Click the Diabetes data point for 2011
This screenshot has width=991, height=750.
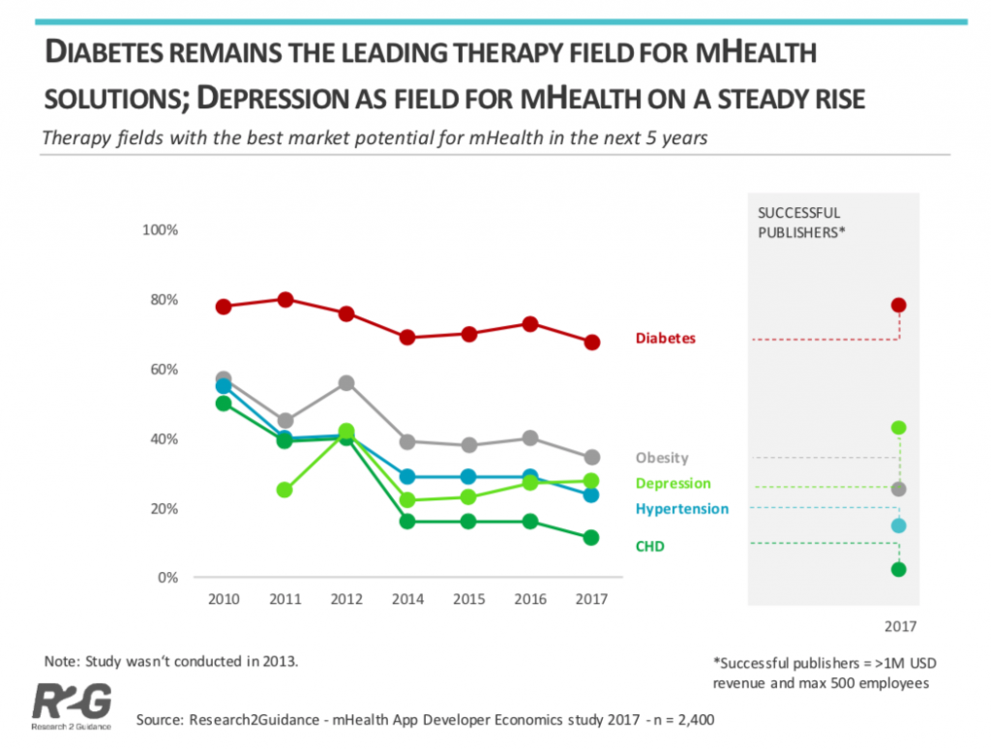[x=285, y=300]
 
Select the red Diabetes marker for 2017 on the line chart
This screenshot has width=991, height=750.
[x=592, y=343]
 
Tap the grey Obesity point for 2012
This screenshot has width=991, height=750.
[x=346, y=383]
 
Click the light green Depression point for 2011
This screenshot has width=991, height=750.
[x=285, y=490]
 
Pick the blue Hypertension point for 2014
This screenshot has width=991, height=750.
[x=407, y=477]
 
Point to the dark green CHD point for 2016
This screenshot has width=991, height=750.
[x=530, y=522]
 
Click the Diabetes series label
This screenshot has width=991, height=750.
[x=665, y=339]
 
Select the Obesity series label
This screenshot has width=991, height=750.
[x=662, y=458]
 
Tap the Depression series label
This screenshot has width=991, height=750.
[x=673, y=483]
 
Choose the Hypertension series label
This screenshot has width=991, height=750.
[x=681, y=508]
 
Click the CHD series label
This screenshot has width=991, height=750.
[x=649, y=547]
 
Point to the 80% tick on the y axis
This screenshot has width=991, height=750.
[x=163, y=300]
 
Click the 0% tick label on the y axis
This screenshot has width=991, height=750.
[x=166, y=578]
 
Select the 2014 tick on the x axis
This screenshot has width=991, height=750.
[x=407, y=599]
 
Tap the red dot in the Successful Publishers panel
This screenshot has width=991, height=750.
[x=898, y=306]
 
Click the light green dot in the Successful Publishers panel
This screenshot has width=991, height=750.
[x=898, y=428]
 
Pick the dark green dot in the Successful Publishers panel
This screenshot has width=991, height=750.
[x=898, y=569]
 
